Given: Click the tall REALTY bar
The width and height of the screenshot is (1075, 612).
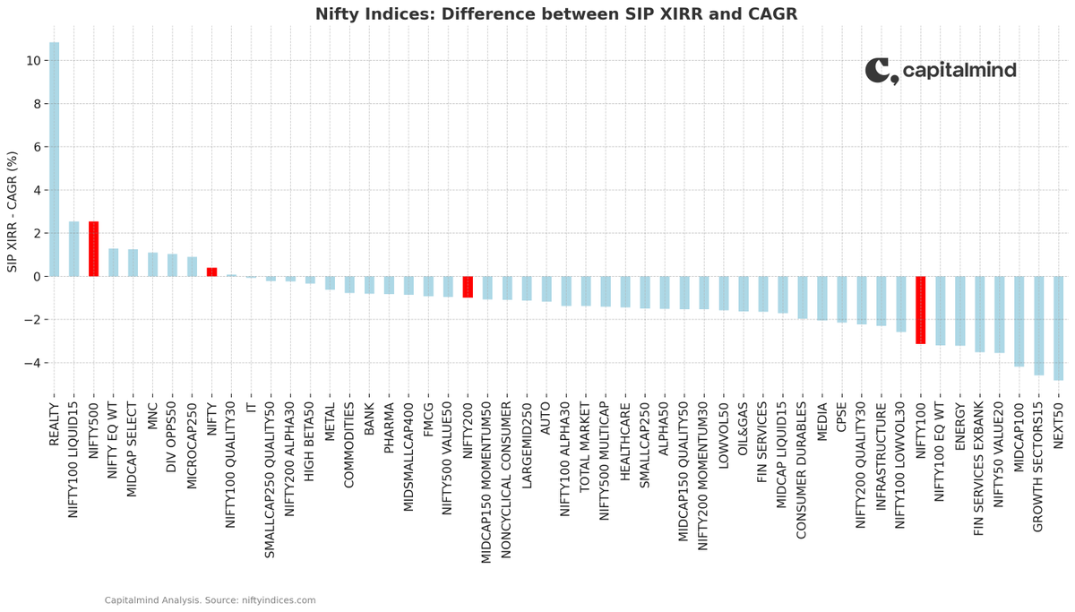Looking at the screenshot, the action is [55, 159].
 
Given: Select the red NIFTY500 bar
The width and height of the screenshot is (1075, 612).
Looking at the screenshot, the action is [93, 248].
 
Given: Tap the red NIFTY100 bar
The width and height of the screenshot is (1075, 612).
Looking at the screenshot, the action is [921, 310].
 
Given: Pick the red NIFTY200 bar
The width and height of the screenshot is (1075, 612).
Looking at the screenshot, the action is [468, 287].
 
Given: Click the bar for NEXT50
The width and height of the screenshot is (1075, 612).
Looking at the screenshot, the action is [1058, 328].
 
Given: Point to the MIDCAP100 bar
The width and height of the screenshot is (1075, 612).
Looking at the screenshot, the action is [1019, 322].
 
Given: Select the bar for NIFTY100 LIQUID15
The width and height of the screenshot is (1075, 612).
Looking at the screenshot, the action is [73, 248].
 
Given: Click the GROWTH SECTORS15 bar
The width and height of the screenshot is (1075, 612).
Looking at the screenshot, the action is [1038, 326].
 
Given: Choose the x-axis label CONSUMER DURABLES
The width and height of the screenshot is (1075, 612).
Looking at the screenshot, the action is [801, 470].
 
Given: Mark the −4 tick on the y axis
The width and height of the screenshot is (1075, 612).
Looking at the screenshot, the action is [31, 363].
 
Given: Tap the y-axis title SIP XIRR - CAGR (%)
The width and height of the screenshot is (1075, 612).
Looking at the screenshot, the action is [12, 211].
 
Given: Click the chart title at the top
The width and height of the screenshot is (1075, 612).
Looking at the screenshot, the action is [556, 14].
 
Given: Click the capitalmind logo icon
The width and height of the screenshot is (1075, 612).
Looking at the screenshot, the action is [881, 72].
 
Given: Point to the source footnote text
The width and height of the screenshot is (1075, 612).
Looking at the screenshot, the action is [211, 600].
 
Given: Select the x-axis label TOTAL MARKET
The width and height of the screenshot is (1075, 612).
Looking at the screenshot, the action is [584, 447].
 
